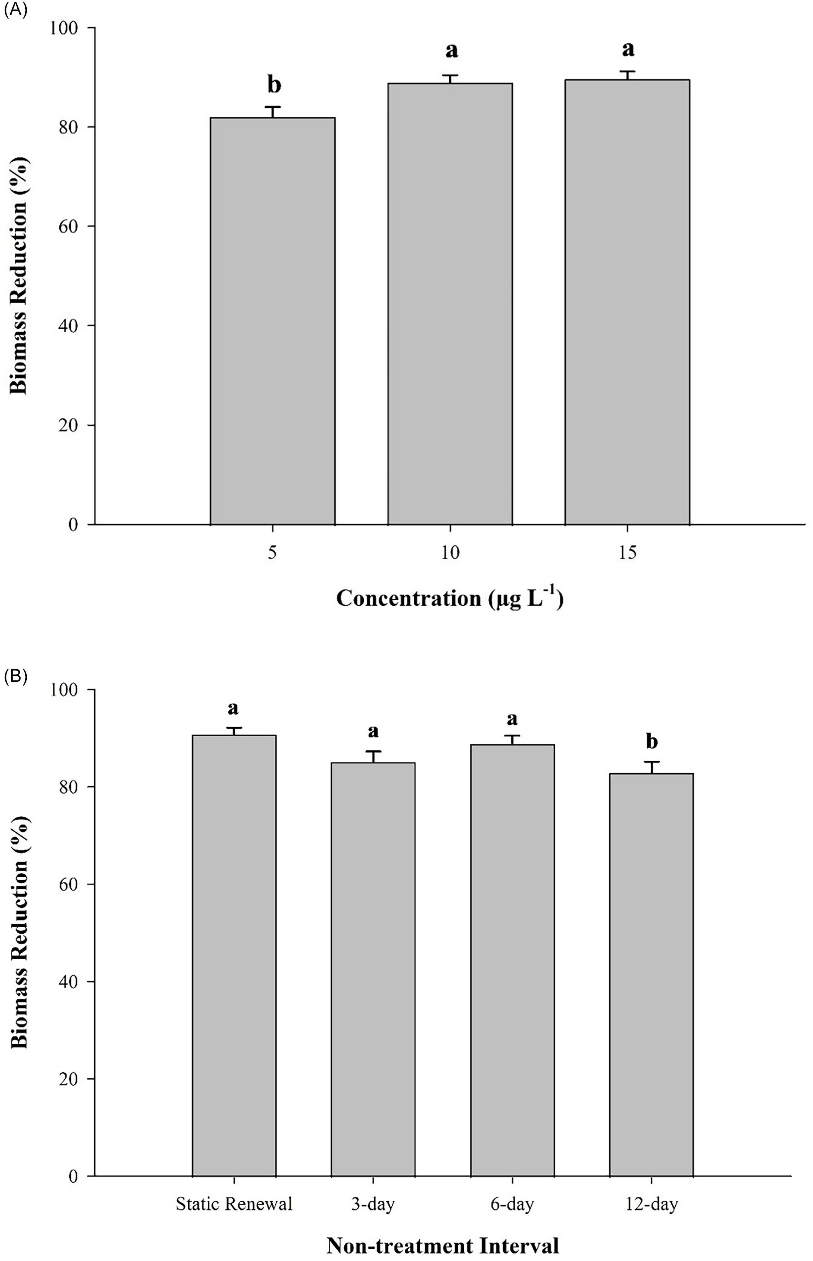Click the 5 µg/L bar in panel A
pyautogui.click(x=272, y=321)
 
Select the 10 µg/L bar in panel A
pyautogui.click(x=450, y=304)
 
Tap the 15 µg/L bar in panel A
pyautogui.click(x=627, y=302)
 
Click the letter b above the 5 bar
pyautogui.click(x=274, y=85)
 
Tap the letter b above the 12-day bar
pyautogui.click(x=652, y=741)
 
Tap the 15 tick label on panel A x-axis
pyautogui.click(x=628, y=553)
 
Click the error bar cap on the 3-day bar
pyautogui.click(x=373, y=751)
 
